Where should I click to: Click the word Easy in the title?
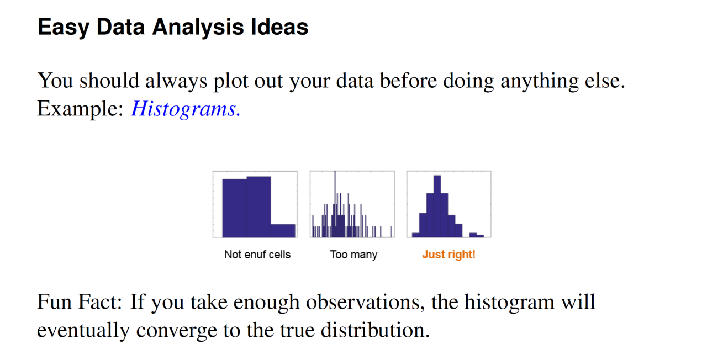point(64,28)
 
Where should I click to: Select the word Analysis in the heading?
point(198,28)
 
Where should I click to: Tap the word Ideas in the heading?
point(279,27)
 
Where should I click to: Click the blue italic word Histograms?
point(186,109)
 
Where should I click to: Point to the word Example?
point(80,109)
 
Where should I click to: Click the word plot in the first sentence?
point(231,81)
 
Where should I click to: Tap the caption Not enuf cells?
point(257,255)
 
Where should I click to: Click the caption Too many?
point(353,255)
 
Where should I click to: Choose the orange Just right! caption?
point(449,255)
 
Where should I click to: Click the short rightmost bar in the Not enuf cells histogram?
point(283,231)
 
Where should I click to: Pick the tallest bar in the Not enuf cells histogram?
point(259,207)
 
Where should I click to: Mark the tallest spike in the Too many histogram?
point(335,204)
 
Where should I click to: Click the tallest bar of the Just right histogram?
point(437,206)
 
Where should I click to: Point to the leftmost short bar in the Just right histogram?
point(416,235)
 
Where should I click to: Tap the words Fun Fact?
point(80,302)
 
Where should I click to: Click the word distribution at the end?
point(375,330)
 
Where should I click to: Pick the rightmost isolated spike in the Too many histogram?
point(391,231)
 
